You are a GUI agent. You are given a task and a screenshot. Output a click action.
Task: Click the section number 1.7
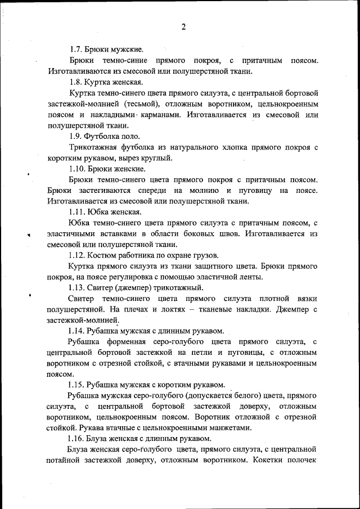tap(76, 49)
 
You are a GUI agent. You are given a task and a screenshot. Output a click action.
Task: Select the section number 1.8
tap(76, 82)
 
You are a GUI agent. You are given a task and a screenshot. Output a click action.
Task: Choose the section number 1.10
tap(78, 169)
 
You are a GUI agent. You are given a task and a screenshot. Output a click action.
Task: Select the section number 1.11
tap(78, 212)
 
